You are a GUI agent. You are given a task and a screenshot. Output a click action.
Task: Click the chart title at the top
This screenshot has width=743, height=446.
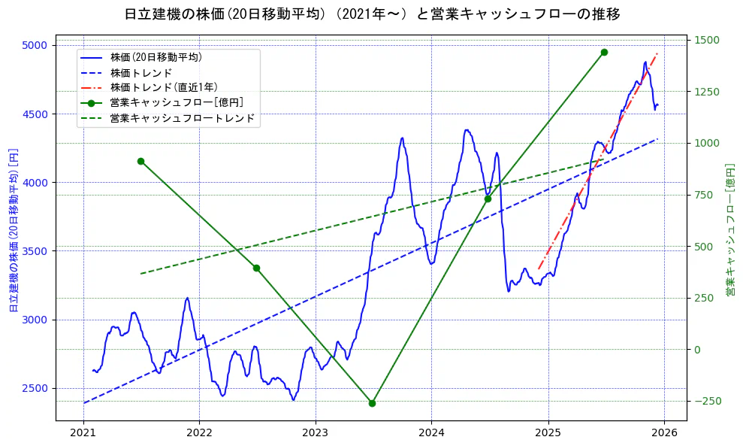pyautogui.click(x=372, y=14)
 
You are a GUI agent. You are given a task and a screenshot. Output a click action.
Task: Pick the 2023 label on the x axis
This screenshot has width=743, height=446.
pyautogui.click(x=316, y=434)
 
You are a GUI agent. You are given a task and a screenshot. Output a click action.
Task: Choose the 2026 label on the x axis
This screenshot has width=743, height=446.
pyautogui.click(x=664, y=434)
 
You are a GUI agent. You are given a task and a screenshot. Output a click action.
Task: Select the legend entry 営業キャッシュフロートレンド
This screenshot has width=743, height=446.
pyautogui.click(x=182, y=118)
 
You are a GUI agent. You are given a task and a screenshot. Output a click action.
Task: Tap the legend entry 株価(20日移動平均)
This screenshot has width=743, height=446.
pyautogui.click(x=156, y=57)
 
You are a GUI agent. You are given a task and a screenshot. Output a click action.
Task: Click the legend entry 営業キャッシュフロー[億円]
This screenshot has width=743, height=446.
pyautogui.click(x=177, y=102)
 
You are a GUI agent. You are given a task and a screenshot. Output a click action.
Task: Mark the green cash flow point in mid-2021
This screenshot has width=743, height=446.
pyautogui.click(x=140, y=161)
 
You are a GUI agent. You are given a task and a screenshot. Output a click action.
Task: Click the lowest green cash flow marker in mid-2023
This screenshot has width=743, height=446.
pyautogui.click(x=372, y=403)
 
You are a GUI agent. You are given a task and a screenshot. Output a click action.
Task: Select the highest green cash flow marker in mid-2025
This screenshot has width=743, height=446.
pyautogui.click(x=604, y=52)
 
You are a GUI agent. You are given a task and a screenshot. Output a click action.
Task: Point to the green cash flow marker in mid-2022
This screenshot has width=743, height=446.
pyautogui.click(x=256, y=268)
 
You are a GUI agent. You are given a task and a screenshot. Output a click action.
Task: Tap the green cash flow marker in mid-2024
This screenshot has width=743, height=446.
pyautogui.click(x=488, y=199)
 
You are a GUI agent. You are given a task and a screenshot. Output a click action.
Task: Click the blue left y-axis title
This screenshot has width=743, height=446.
pyautogui.click(x=13, y=230)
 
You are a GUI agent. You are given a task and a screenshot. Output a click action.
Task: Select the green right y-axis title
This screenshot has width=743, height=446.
pyautogui.click(x=729, y=230)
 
